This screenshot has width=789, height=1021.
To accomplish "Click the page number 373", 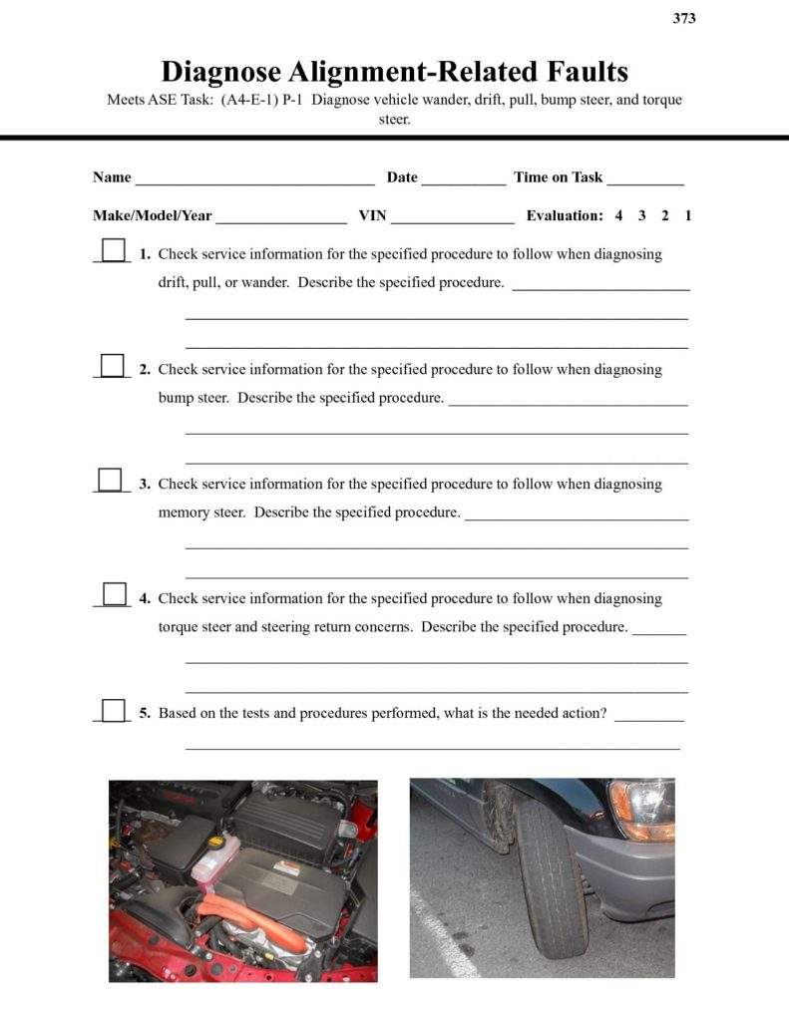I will (x=684, y=18).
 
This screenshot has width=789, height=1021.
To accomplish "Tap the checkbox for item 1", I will (x=114, y=249).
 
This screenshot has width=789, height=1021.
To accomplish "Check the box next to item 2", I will (x=114, y=365).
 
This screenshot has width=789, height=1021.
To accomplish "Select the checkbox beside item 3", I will (x=110, y=480).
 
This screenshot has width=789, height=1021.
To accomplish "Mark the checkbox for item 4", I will (x=115, y=594).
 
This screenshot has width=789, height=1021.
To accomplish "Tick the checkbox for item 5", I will (x=114, y=710).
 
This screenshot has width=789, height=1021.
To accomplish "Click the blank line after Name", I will (x=254, y=179).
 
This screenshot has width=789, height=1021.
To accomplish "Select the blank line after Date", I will (x=463, y=179).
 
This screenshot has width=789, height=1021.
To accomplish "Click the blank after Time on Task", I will (x=644, y=179).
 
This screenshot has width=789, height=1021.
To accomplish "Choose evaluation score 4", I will (x=618, y=215).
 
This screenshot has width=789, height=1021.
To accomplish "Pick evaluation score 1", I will (x=688, y=215).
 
